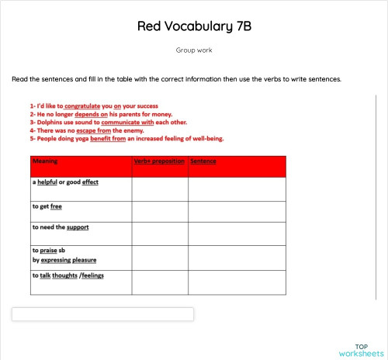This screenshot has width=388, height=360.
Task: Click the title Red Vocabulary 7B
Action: (x=194, y=26)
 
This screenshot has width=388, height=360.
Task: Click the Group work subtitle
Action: (x=194, y=50)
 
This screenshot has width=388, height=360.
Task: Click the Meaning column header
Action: (x=45, y=161)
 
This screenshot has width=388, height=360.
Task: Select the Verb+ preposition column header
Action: (x=159, y=161)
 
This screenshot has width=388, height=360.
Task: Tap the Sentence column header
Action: (x=203, y=161)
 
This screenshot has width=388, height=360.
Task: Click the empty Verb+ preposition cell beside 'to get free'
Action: (x=160, y=212)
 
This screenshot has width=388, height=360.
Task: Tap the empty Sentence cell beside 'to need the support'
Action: (x=237, y=234)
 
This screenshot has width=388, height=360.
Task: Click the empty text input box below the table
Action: (x=102, y=314)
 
